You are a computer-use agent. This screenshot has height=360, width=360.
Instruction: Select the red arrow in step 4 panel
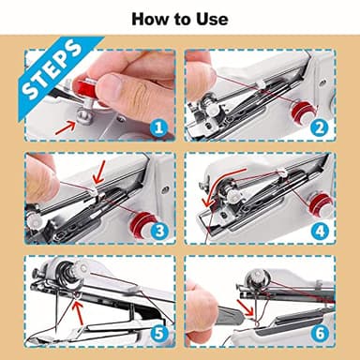[206, 199]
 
